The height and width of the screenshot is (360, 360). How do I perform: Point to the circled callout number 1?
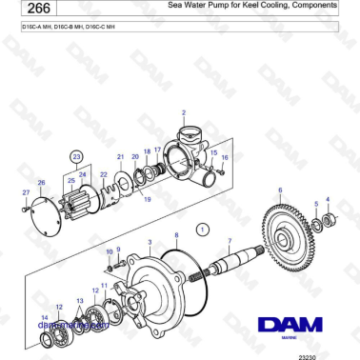pyautogui.click(x=201, y=229)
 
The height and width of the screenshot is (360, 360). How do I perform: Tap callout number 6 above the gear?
pyautogui.click(x=280, y=191)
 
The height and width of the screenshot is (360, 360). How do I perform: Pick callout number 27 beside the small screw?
pyautogui.click(x=26, y=192)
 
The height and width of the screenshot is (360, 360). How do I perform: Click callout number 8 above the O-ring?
pyautogui.click(x=175, y=234)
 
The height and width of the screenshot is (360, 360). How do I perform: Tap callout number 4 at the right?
pyautogui.click(x=328, y=199)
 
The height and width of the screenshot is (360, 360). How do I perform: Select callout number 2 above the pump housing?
pyautogui.click(x=182, y=112)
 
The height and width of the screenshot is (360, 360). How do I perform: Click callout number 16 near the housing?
pyautogui.click(x=225, y=158)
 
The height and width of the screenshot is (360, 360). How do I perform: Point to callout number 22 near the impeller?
pyautogui.click(x=104, y=174)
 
